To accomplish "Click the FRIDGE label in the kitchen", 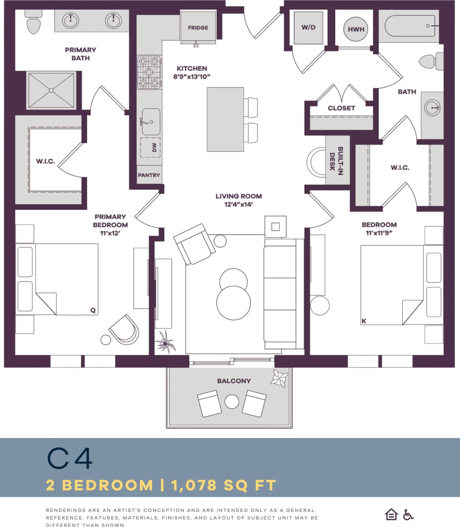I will click(x=198, y=28).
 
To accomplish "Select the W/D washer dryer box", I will click(x=308, y=28).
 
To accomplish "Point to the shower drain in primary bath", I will click(x=51, y=90).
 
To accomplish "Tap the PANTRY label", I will click(x=149, y=175).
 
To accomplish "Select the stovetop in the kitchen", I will click(x=149, y=72).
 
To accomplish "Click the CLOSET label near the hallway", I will click(x=341, y=108).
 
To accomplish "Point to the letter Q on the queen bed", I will click(x=93, y=311).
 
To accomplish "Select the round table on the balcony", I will click(x=232, y=402).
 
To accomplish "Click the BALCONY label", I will click(x=234, y=381).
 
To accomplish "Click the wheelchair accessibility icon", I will click(x=408, y=515).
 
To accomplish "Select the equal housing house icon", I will click(x=391, y=515).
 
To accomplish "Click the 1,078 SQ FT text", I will click(x=224, y=485).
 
